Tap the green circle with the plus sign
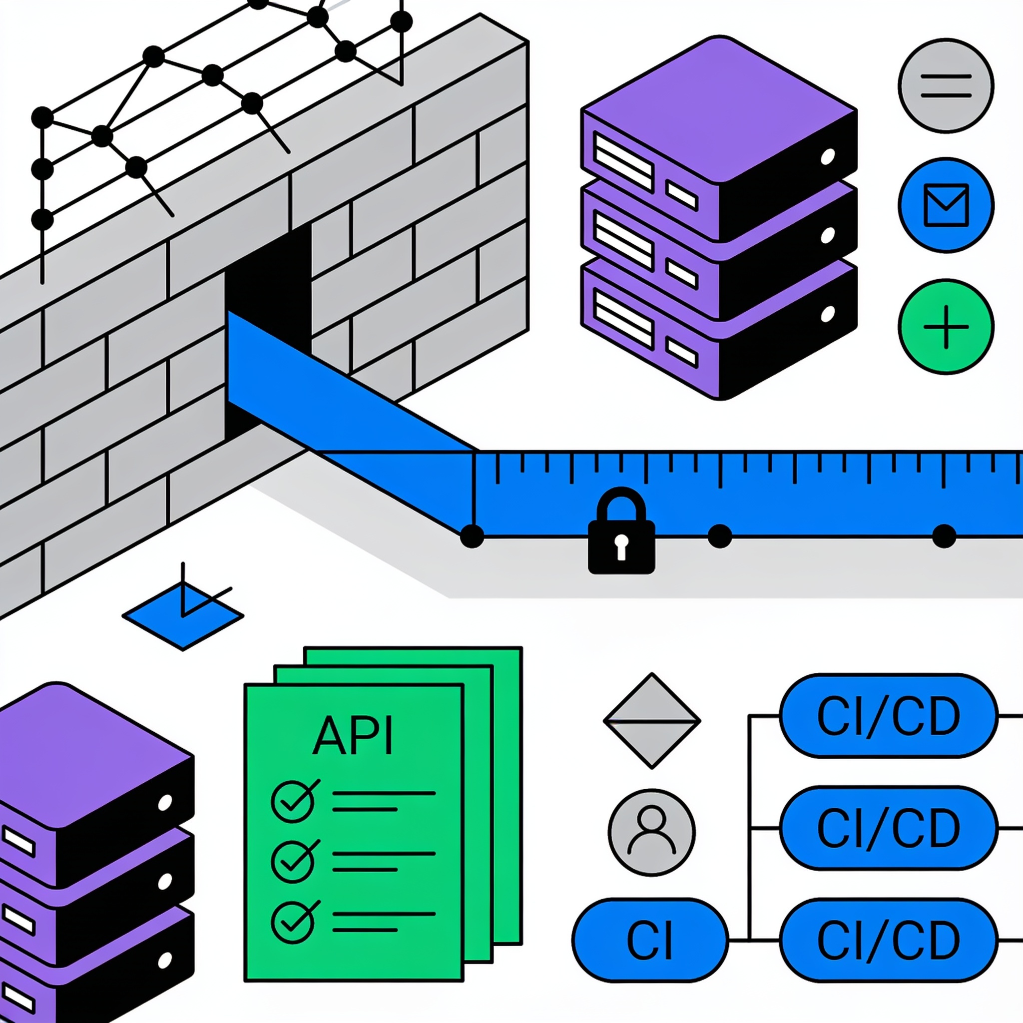tap(946, 327)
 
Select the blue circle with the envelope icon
tap(946, 205)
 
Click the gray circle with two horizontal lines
tap(946, 86)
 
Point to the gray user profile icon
tap(652, 832)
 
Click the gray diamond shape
tap(652, 721)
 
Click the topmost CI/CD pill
tap(889, 716)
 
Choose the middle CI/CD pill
tap(889, 828)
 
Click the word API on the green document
tap(353, 735)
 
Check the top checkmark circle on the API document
tap(293, 802)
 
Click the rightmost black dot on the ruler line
tap(944, 536)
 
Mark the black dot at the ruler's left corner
tap(472, 536)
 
